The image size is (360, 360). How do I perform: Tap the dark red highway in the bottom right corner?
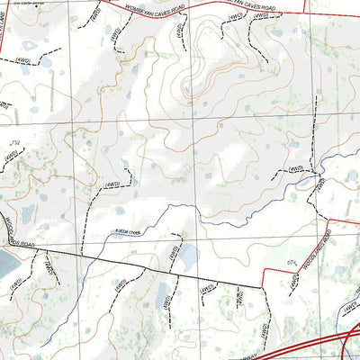click(315, 346)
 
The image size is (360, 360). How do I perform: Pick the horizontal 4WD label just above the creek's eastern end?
click(294, 168)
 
